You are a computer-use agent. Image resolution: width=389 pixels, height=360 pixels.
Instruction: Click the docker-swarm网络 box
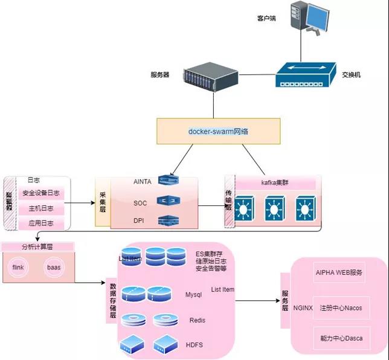click(x=219, y=130)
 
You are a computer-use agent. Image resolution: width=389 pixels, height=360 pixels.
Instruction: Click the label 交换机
click(x=351, y=74)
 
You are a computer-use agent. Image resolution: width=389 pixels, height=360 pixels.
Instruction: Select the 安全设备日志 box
click(x=41, y=193)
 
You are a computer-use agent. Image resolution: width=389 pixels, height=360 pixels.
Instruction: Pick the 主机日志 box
click(x=41, y=208)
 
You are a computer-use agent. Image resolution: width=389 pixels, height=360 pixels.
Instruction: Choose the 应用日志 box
click(x=41, y=223)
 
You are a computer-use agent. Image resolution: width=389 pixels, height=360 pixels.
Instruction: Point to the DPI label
click(x=140, y=220)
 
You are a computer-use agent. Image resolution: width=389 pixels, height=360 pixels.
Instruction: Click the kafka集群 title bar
click(x=275, y=182)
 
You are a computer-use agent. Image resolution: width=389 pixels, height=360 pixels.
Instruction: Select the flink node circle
click(x=18, y=266)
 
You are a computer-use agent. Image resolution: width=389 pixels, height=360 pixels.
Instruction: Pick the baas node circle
click(x=54, y=266)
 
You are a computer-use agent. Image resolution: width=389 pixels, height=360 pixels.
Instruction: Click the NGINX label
click(x=303, y=307)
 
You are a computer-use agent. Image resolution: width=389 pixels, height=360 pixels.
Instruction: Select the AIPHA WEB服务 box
click(x=339, y=272)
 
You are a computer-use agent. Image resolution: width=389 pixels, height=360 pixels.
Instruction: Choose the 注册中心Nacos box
click(x=341, y=308)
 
